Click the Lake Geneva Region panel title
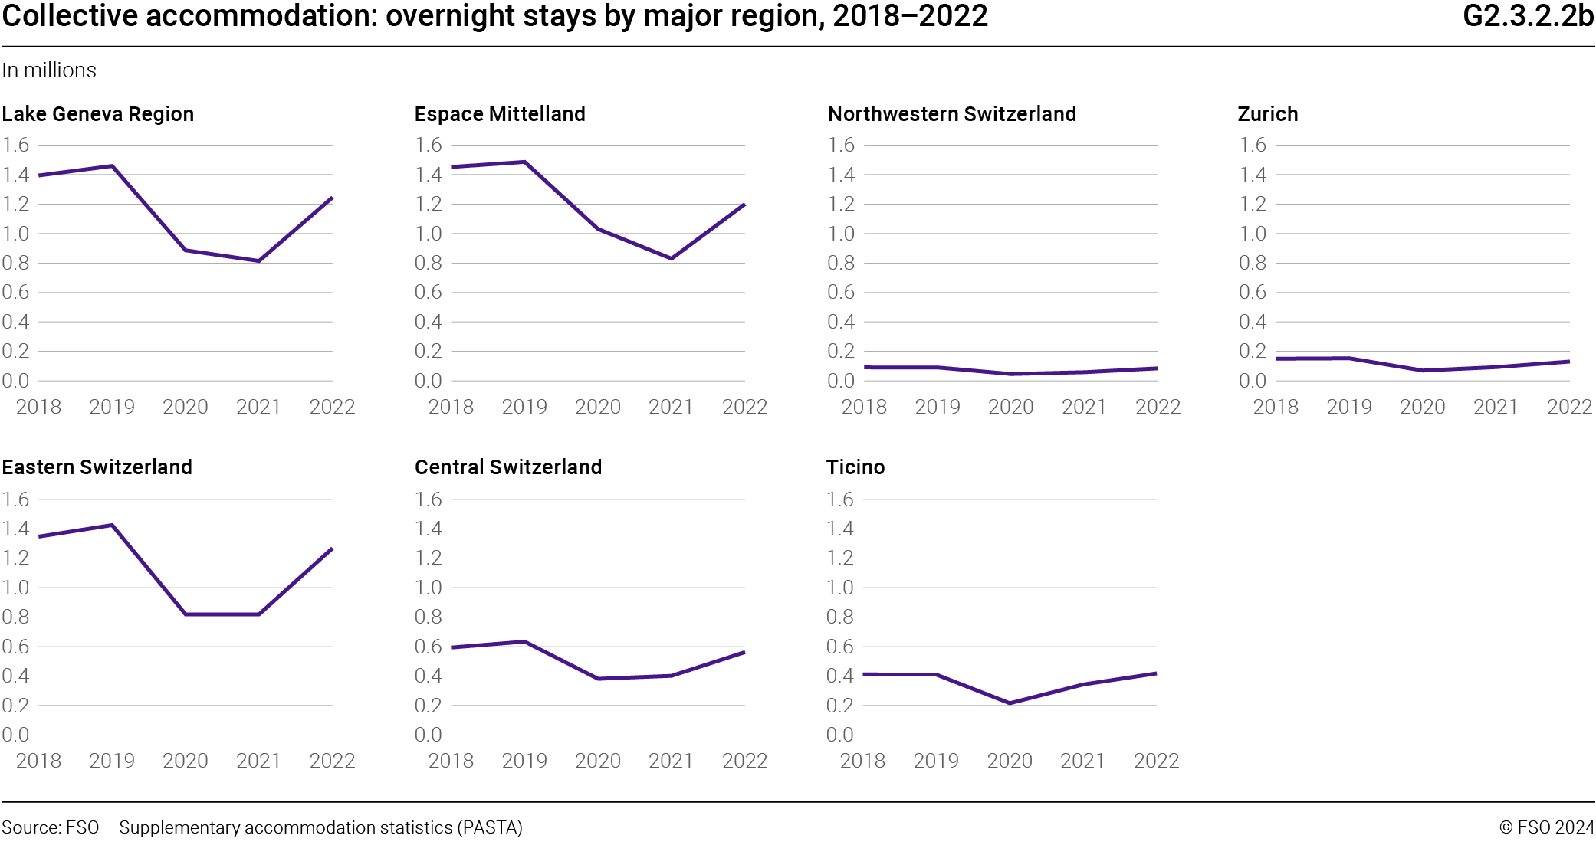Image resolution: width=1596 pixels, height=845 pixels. click(x=97, y=114)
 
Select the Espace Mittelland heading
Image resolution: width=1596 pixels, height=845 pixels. click(x=500, y=114)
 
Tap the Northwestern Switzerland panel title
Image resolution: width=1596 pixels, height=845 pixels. click(x=952, y=114)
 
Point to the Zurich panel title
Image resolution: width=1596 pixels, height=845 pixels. click(x=1268, y=114)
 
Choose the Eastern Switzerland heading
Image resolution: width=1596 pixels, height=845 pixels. click(x=97, y=467)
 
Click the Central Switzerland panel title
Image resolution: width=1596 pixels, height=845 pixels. click(x=508, y=467)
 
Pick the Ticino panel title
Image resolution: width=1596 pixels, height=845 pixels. click(x=855, y=467)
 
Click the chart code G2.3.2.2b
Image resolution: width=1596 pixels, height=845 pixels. click(x=1528, y=16)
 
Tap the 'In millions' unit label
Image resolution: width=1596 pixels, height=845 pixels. click(x=49, y=70)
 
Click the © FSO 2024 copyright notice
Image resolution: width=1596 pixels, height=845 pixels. click(x=1546, y=827)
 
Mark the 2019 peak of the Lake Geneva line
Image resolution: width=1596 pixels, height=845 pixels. click(x=112, y=165)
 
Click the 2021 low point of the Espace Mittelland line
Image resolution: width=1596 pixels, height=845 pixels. click(x=672, y=258)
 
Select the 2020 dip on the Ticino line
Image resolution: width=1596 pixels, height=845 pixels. click(x=1010, y=703)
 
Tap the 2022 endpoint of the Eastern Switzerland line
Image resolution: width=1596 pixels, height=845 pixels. click(x=332, y=549)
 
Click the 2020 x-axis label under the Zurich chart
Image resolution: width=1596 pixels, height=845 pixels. click(x=1423, y=407)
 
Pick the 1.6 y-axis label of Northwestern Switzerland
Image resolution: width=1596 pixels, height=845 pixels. click(x=841, y=145)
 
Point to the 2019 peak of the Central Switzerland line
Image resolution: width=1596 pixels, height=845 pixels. click(x=524, y=641)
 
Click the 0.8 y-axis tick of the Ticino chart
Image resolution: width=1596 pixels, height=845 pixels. click(x=840, y=617)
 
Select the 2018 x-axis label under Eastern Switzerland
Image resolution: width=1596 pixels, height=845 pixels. click(x=38, y=761)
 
